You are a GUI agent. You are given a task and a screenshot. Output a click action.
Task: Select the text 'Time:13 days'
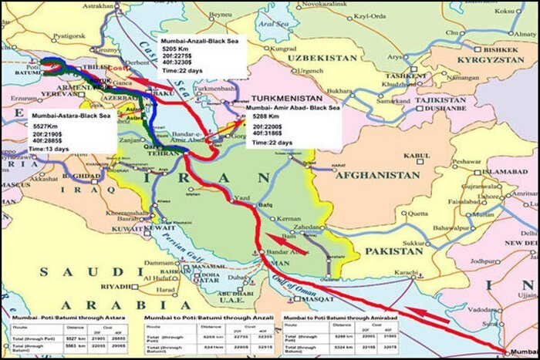pyautogui.click(x=53, y=148)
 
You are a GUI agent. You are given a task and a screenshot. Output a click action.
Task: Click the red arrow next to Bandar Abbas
pyautogui.click(x=288, y=242)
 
